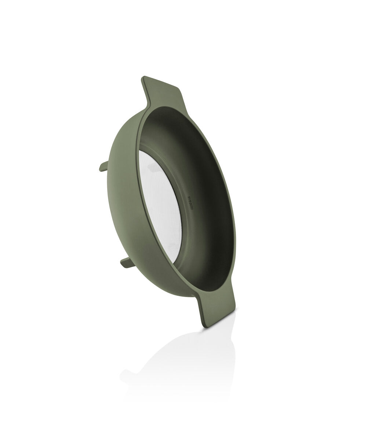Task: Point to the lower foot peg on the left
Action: [127, 262]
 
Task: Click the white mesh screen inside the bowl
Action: [161, 205]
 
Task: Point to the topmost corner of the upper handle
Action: [143, 77]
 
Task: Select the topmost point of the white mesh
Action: [140, 151]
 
